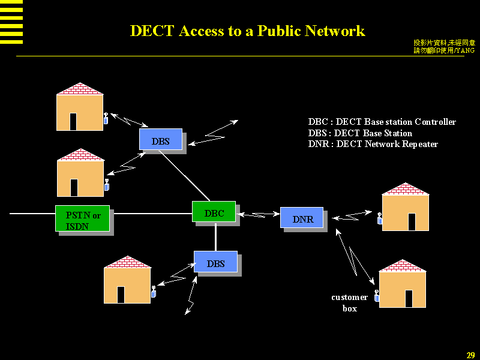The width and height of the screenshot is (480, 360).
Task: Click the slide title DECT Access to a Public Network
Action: [247, 31]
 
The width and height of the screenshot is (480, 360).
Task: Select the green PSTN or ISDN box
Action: [82, 219]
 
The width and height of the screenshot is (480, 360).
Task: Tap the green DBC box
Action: [214, 212]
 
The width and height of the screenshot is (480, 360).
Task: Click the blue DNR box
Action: [302, 218]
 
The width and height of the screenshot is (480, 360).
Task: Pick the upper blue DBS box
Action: [160, 140]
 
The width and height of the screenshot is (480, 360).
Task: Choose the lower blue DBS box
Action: [215, 262]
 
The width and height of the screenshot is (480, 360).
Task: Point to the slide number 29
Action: [470, 355]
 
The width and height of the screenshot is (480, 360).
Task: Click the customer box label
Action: [349, 303]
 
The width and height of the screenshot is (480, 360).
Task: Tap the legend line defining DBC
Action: [382, 122]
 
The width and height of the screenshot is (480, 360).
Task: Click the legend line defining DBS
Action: [360, 133]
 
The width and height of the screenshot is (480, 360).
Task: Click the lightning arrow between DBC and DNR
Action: [259, 214]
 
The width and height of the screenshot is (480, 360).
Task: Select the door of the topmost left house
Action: [73, 122]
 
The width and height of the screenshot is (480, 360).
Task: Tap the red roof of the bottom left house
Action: [127, 262]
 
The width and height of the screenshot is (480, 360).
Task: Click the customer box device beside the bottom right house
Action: [377, 296]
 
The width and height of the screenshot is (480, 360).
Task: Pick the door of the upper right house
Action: [412, 221]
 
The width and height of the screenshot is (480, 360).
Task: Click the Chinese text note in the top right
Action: [444, 47]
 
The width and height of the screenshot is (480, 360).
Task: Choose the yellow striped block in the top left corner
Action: [11, 22]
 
